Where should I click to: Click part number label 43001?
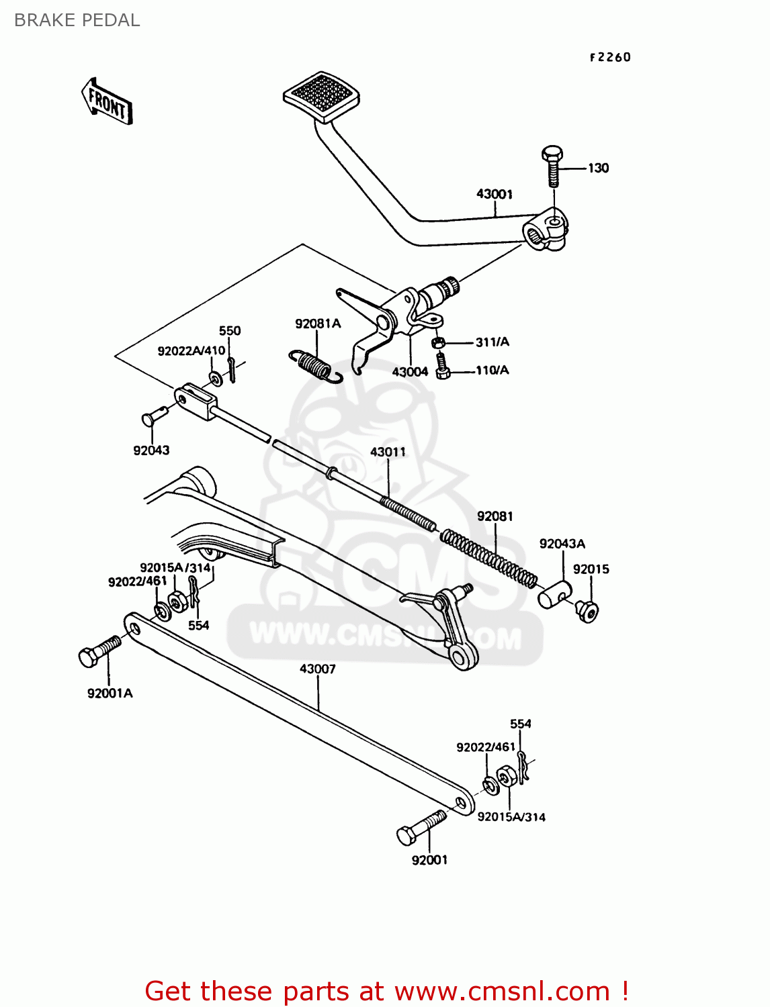click(x=495, y=194)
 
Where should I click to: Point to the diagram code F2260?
click(x=610, y=57)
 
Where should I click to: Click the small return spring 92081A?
click(x=314, y=366)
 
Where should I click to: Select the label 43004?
click(x=410, y=371)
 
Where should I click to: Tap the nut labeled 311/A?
click(x=437, y=343)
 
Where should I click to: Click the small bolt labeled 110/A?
click(x=442, y=367)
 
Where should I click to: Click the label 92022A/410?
click(x=191, y=350)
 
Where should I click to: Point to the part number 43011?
click(x=388, y=452)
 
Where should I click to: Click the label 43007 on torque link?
click(x=317, y=669)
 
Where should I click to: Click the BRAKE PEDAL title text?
click(x=77, y=20)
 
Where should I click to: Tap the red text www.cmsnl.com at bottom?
click(x=502, y=991)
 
